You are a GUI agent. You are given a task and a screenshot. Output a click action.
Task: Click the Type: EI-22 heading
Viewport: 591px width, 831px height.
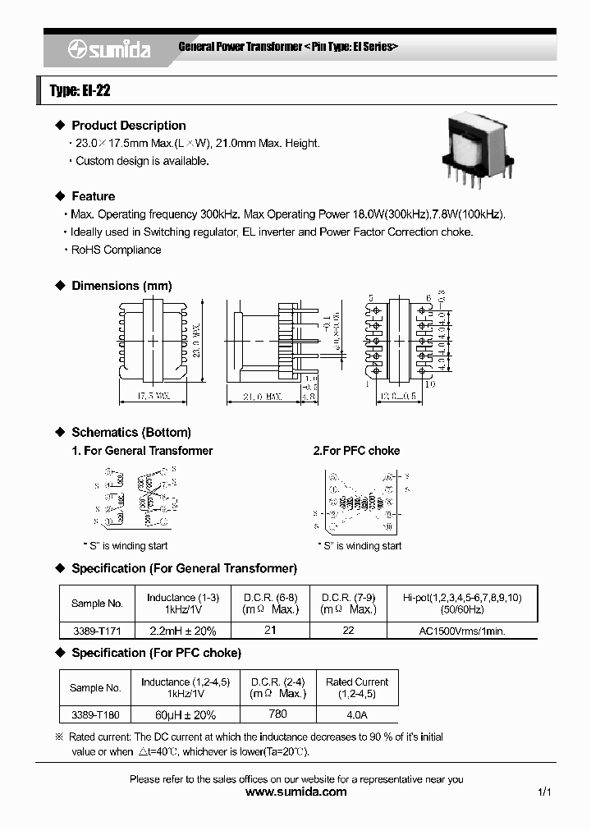coord(80,91)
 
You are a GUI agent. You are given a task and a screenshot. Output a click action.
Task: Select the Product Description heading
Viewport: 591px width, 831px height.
coord(128,126)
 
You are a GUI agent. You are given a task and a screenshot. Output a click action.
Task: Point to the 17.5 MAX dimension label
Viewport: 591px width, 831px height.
coord(152,396)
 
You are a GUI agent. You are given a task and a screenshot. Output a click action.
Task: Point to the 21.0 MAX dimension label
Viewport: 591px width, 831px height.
coord(262,396)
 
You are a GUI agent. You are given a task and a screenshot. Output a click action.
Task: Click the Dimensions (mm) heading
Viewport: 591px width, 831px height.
coord(121,286)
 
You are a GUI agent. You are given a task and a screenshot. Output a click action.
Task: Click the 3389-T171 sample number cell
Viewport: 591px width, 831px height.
coord(96,631)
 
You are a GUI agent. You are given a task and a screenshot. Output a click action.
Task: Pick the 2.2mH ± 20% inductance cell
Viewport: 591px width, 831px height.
coord(181,631)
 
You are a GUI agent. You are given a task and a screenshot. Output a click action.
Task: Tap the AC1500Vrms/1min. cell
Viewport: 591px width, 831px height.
coord(463,631)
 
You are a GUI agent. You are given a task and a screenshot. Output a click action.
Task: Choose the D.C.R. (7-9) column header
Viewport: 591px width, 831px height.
coord(348,603)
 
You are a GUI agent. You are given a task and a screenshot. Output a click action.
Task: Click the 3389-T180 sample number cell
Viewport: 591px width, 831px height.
coord(95,715)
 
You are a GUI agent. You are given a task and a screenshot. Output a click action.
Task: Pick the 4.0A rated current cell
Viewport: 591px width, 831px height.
coord(356,715)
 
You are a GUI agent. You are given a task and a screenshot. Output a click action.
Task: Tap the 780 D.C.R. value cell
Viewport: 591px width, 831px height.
coord(278,715)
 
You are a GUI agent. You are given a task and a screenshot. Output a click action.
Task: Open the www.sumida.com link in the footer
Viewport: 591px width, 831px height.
coord(296,792)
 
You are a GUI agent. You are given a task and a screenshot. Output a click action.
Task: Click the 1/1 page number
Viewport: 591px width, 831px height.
coord(543,792)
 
